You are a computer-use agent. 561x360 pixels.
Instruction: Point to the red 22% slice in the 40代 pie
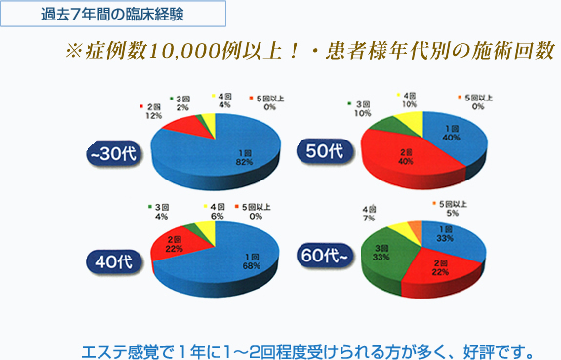[172, 245]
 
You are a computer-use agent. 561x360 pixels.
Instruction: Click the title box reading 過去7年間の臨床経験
[116, 15]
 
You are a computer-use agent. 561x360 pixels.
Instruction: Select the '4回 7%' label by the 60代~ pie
[370, 215]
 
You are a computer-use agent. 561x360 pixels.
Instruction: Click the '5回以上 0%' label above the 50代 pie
[478, 100]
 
